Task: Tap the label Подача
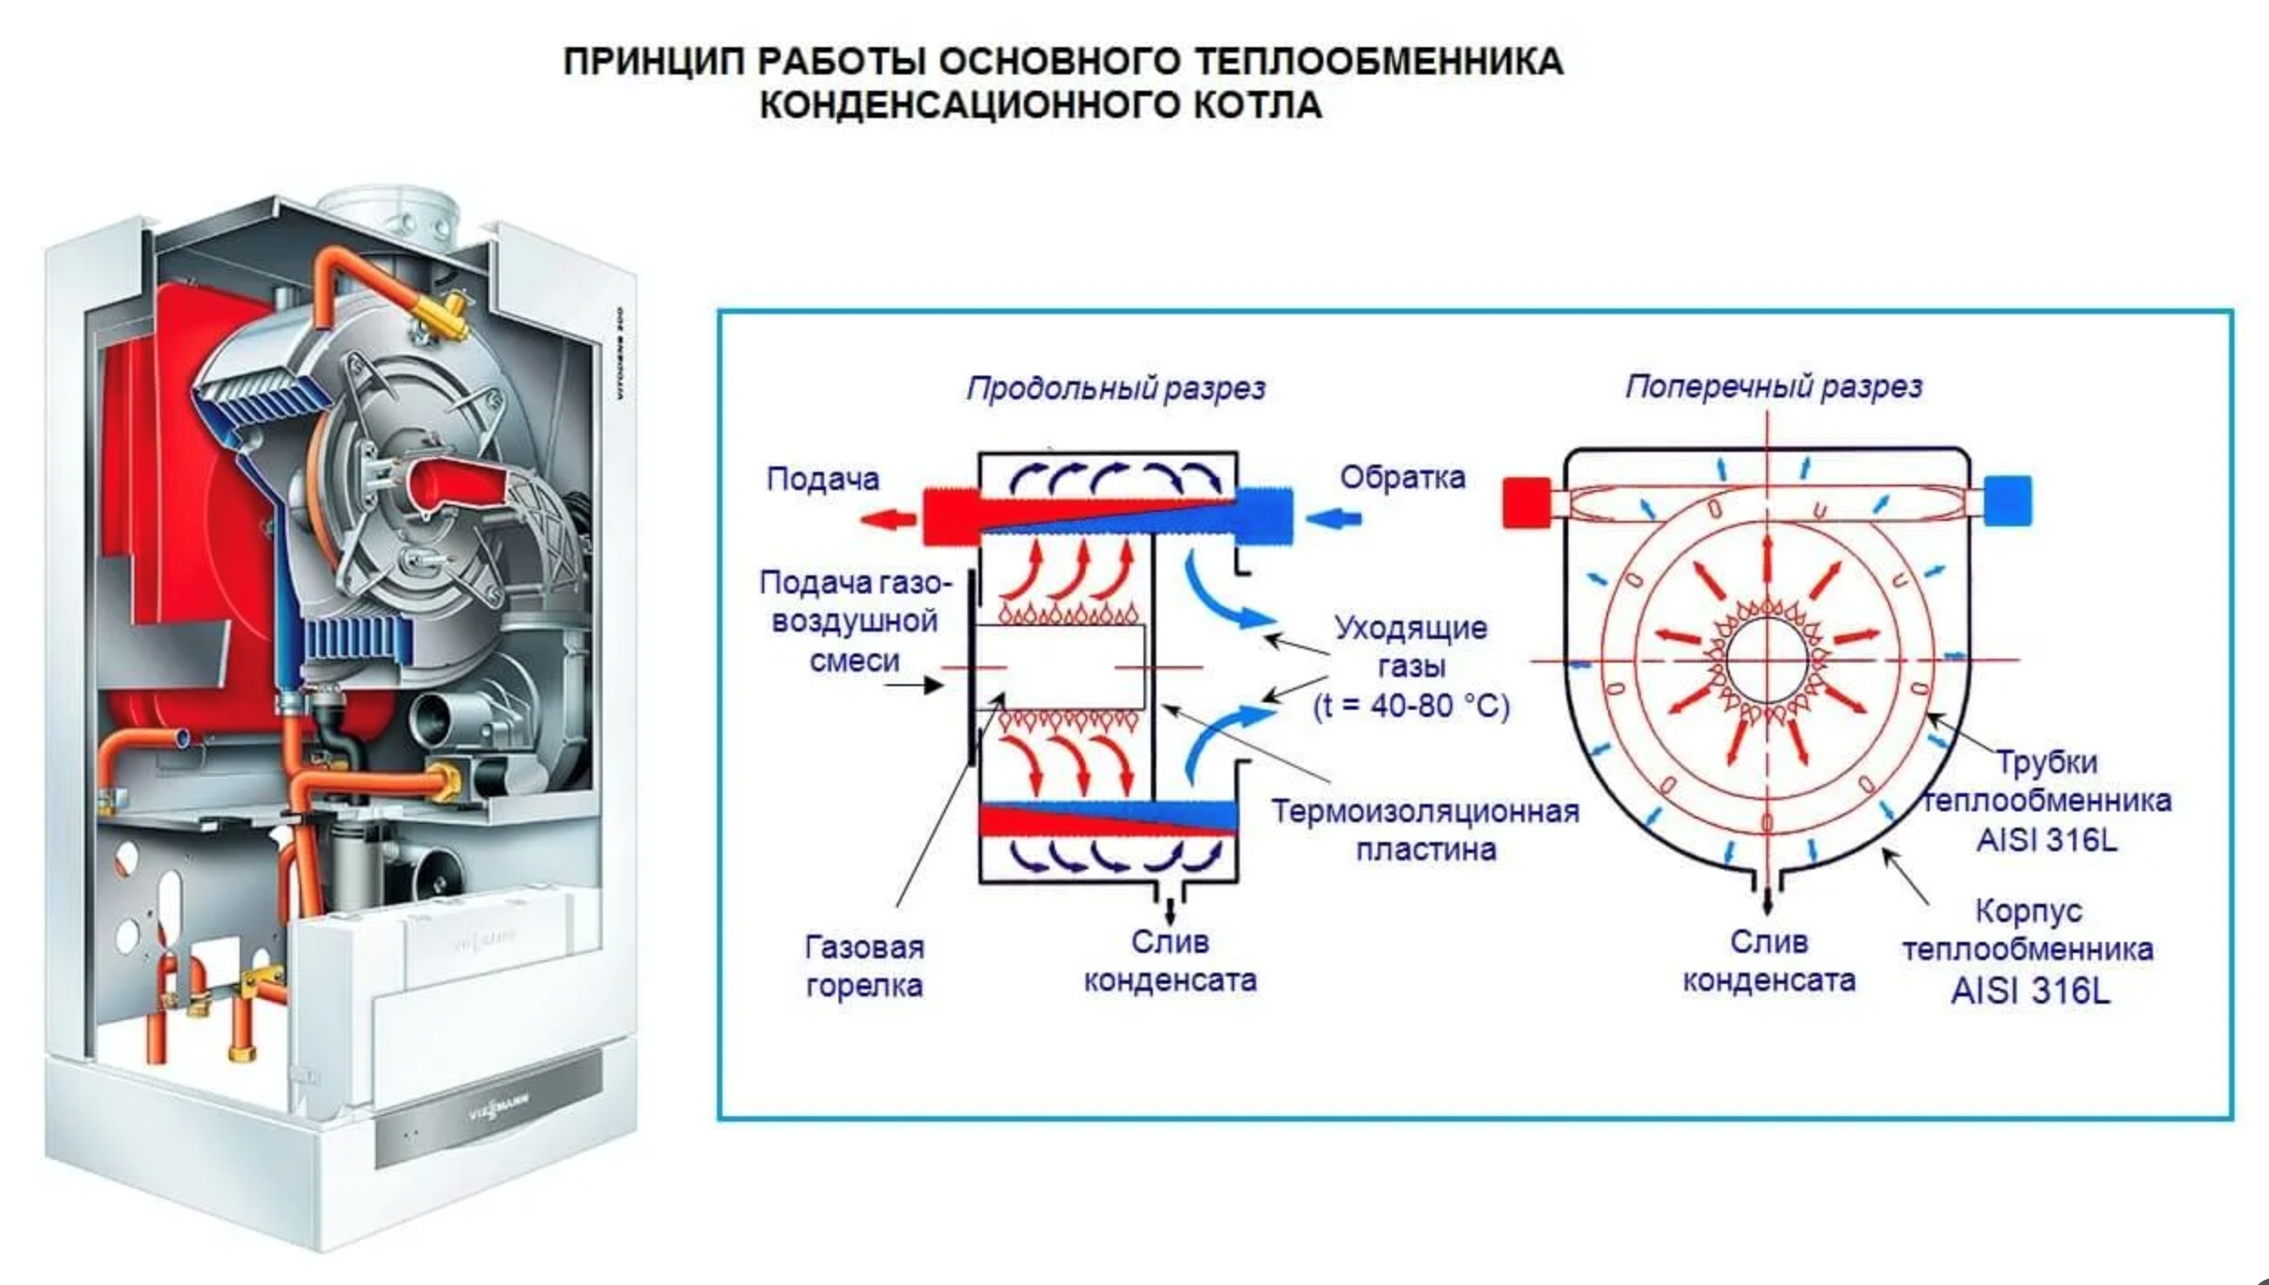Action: point(822,478)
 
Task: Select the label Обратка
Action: point(1402,477)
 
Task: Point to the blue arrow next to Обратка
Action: point(1333,519)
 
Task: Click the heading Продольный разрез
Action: point(1115,388)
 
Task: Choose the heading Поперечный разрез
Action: point(1773,387)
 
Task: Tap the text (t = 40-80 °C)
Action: point(1411,705)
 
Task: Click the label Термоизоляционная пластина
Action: point(1425,829)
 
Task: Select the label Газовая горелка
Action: point(864,966)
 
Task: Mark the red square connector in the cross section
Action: point(1527,503)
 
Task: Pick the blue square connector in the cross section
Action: point(2008,501)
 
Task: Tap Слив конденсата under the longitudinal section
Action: point(1169,961)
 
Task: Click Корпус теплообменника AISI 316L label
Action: point(2028,949)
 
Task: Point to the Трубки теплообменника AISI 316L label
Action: point(2047,800)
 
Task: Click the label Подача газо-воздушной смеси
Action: point(854,621)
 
